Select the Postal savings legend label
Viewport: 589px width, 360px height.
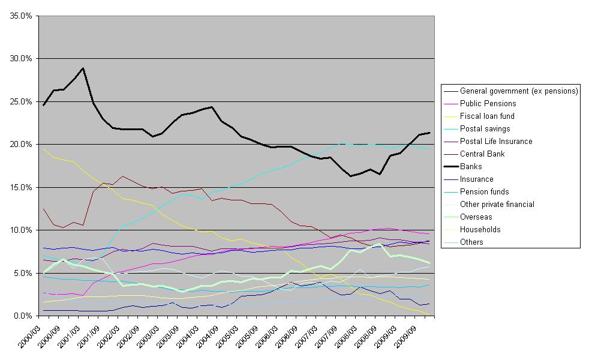click(x=485, y=129)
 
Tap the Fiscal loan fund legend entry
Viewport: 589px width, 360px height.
click(x=487, y=116)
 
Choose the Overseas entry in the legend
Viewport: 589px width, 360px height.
click(x=477, y=217)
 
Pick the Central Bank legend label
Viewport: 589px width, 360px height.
click(x=482, y=154)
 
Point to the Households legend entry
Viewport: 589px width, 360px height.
click(x=480, y=230)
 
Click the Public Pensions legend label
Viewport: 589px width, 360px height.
click(x=488, y=104)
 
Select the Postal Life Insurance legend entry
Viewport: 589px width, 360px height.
click(x=496, y=142)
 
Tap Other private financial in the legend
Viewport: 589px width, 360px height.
click(x=497, y=205)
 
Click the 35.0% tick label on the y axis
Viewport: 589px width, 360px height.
click(x=21, y=16)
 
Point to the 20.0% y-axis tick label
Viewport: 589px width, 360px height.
click(x=21, y=145)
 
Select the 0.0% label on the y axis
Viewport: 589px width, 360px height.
click(x=23, y=316)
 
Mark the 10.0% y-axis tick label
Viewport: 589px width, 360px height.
click(x=21, y=230)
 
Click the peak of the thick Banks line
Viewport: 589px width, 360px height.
click(x=83, y=68)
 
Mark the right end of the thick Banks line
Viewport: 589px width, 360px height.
click(x=429, y=133)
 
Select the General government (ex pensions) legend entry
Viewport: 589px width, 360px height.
click(x=519, y=91)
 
